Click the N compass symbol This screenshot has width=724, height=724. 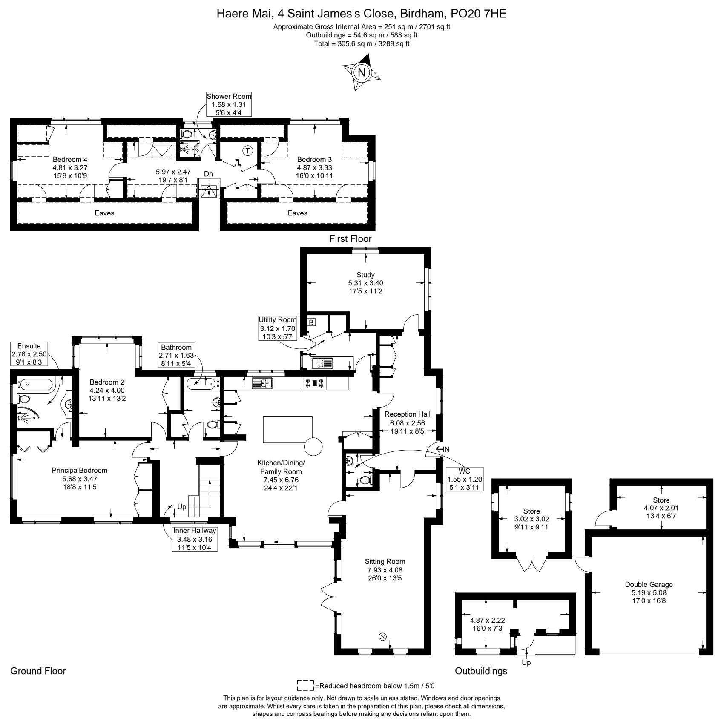tap(362, 72)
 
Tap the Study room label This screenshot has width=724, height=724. tap(365, 283)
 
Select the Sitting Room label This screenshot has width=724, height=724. tap(385, 570)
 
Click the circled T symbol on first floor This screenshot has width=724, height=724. tap(247, 150)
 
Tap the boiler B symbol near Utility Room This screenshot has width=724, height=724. tap(311, 322)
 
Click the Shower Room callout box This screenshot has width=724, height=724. tap(229, 104)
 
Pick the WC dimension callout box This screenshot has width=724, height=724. tap(465, 479)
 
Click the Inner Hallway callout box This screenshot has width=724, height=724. tap(195, 539)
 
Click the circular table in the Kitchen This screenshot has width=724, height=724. tap(314, 446)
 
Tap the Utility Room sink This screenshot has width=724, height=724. tap(322, 364)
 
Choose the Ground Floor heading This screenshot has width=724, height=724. tap(38, 671)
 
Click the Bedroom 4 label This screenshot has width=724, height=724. tap(70, 167)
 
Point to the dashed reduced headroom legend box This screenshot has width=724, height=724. tap(305, 686)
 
